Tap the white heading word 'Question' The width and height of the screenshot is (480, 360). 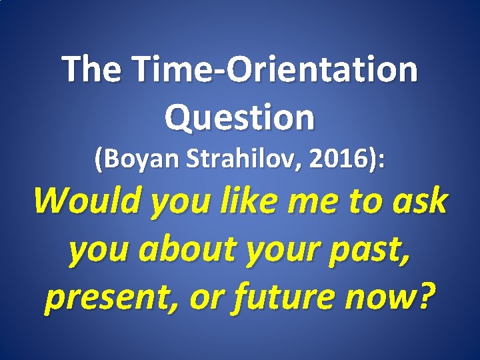click(239, 117)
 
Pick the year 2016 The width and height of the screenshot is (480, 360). click(343, 159)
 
